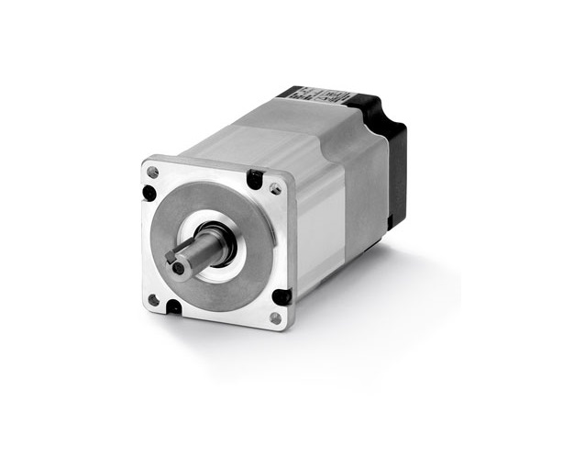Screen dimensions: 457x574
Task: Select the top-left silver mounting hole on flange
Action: coord(152,173)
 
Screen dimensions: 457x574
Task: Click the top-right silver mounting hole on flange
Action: coord(275,189)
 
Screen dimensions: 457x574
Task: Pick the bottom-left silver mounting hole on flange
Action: coord(154,299)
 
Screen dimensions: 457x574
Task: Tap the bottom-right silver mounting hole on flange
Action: coord(275,318)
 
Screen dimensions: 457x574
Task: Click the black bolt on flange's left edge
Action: coord(149,193)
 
